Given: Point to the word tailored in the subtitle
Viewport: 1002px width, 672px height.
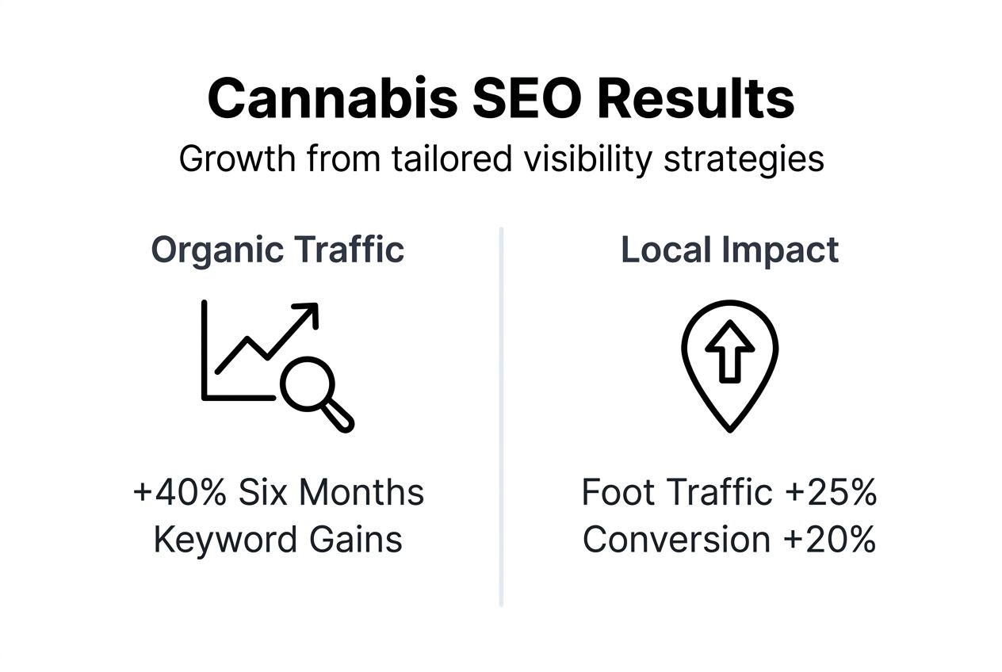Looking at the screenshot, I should [x=452, y=158].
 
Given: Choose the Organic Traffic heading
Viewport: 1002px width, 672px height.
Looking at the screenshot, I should [x=277, y=250].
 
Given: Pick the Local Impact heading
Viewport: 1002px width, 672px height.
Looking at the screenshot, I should [x=729, y=250].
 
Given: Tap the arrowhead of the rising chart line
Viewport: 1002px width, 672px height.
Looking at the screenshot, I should [x=308, y=312].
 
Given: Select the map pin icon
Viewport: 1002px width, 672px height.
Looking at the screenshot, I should [x=729, y=365].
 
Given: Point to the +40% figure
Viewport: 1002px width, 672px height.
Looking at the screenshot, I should [x=180, y=492].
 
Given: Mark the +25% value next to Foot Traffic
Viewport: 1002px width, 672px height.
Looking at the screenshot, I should [x=830, y=492].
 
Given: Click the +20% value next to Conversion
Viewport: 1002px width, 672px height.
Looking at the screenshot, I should [x=829, y=540].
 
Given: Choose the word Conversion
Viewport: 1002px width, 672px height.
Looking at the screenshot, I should [x=676, y=540].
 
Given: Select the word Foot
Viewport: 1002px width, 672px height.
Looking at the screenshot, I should [x=616, y=492].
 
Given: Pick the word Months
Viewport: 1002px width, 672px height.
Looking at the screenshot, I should [x=368, y=492].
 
